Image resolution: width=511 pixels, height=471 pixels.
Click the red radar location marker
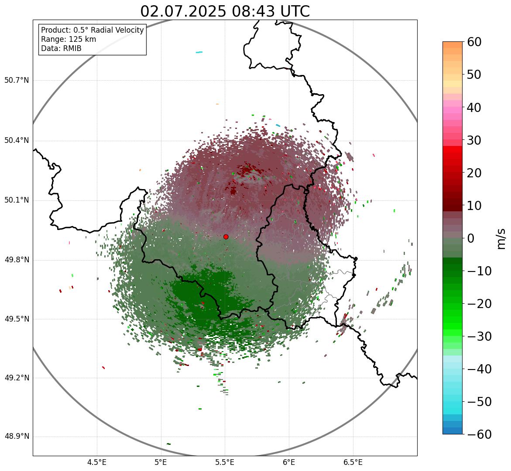tap(226, 237)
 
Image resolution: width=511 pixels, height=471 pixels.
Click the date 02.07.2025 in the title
tap(183, 11)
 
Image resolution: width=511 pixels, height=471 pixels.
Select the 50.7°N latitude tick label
tap(17, 81)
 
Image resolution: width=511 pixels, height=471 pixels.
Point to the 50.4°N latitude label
tap(17, 141)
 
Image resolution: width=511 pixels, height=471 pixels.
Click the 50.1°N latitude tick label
tap(17, 200)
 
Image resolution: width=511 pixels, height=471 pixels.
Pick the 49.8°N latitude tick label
tap(17, 260)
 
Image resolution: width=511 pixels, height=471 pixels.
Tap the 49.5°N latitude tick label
tap(17, 319)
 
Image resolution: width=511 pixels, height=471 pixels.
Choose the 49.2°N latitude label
tap(17, 378)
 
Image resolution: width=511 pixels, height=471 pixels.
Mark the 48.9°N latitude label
tap(17, 437)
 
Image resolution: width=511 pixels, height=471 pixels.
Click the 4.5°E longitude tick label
tap(97, 462)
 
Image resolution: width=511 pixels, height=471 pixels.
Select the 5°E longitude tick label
tap(161, 462)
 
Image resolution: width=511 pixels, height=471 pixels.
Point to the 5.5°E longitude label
tap(225, 462)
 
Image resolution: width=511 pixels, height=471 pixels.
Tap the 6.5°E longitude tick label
tap(353, 462)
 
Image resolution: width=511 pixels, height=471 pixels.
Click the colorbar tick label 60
tap(475, 42)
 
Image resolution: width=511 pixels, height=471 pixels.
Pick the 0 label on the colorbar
tap(471, 238)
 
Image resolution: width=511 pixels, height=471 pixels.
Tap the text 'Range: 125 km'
tap(69, 39)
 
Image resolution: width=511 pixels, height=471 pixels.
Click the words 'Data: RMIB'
tap(61, 48)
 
